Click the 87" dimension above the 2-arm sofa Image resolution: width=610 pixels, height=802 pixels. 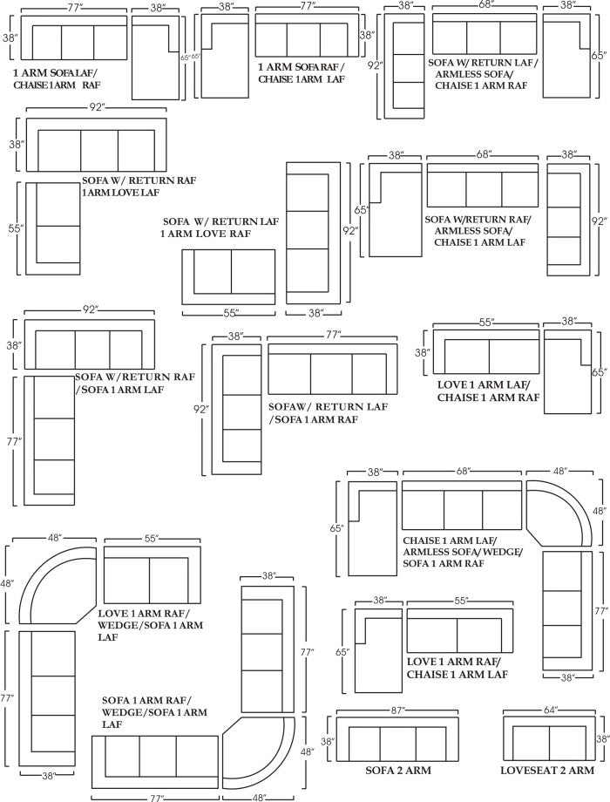click(398, 710)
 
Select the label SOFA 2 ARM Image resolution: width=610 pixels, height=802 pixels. click(398, 771)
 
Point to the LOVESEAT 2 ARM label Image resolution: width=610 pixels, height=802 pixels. click(547, 771)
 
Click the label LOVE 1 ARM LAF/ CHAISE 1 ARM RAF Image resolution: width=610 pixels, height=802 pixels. click(488, 391)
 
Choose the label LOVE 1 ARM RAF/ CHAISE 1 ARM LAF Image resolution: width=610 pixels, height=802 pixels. click(457, 668)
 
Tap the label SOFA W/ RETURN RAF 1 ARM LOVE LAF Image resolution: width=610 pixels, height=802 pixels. click(139, 187)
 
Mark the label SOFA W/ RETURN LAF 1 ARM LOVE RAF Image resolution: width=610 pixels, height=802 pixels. click(220, 228)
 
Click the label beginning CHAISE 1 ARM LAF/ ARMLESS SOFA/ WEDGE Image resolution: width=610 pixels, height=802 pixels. click(463, 552)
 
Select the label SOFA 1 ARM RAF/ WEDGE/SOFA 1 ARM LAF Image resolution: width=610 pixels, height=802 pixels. click(154, 712)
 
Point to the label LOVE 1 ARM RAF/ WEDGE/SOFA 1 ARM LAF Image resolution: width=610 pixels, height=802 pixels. click(151, 625)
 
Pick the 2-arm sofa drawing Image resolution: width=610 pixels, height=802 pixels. click(397, 739)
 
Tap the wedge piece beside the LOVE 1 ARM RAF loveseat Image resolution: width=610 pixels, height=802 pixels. click(57, 585)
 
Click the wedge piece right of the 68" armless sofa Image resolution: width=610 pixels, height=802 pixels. click(559, 513)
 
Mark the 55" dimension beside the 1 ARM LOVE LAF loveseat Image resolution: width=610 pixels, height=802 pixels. click(16, 228)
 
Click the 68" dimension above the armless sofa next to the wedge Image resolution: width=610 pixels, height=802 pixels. click(462, 472)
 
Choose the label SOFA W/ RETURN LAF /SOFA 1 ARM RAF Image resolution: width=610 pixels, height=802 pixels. click(328, 413)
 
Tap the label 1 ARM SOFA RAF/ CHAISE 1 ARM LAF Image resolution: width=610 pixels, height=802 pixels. click(302, 72)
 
